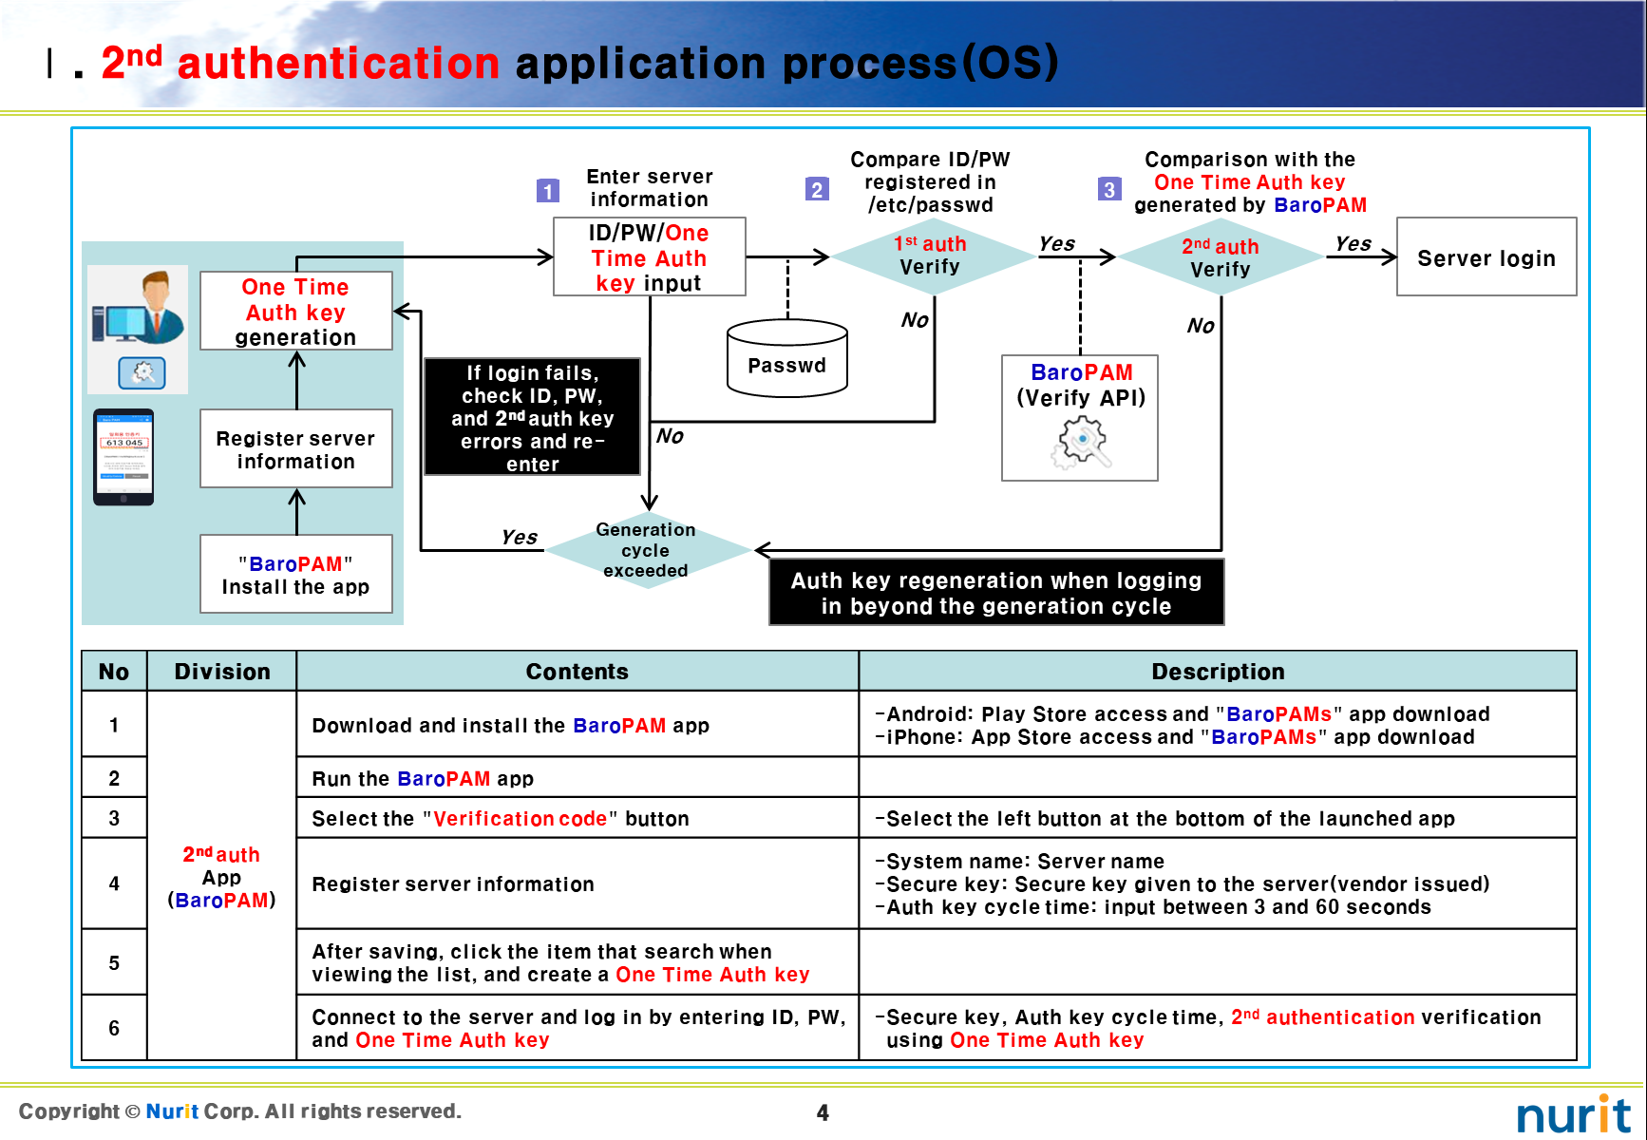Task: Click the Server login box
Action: [1486, 257]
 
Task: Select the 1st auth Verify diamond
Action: [931, 256]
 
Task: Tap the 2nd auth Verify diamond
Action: [1221, 257]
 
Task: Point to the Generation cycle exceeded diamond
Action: [646, 550]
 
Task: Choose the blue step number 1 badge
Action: [547, 191]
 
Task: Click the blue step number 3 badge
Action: [1108, 189]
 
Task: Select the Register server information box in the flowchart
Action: [295, 449]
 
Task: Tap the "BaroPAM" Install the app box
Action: [295, 575]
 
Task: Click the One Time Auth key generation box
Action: [295, 312]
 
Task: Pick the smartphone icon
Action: [123, 457]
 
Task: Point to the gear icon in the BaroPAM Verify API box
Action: [1081, 443]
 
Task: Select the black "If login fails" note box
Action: [532, 417]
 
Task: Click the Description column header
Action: [1217, 672]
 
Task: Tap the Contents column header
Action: [577, 672]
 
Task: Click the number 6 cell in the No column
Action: [114, 1028]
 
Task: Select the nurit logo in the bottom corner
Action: [1573, 1114]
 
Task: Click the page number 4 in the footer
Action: [823, 1112]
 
